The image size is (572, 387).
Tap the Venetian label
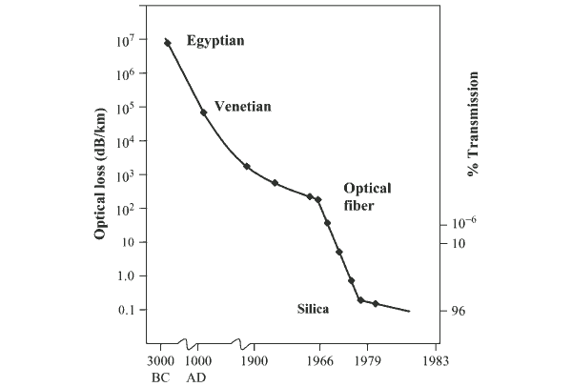(243, 107)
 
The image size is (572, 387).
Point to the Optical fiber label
(367, 196)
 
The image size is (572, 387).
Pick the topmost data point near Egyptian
(168, 43)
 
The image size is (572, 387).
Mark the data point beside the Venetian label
(203, 112)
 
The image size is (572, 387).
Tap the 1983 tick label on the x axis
(436, 361)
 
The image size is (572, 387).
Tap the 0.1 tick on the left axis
(128, 310)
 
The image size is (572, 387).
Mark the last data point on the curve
(376, 304)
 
